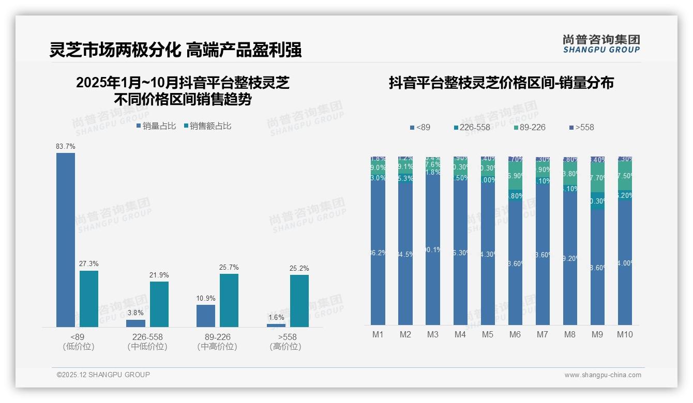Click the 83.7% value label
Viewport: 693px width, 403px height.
point(66,147)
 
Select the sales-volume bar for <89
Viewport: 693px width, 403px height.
point(66,240)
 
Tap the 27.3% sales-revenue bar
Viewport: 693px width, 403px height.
point(89,299)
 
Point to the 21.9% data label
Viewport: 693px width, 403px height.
point(159,275)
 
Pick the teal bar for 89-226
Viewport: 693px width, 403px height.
point(229,300)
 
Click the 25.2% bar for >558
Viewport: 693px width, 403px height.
point(299,301)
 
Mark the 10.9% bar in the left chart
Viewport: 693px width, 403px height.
point(206,316)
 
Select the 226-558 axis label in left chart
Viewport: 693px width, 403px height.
point(147,337)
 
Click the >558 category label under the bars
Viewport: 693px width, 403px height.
point(285,337)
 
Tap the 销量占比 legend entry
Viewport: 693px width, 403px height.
point(156,126)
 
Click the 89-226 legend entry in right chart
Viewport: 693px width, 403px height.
point(530,127)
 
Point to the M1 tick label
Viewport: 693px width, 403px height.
point(378,335)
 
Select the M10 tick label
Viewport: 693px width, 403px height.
point(625,335)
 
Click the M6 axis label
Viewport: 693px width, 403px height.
point(515,335)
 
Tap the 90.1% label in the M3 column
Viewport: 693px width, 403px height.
point(433,250)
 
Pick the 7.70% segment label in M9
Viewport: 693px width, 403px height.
point(597,178)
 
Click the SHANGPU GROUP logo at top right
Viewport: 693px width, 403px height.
point(601,44)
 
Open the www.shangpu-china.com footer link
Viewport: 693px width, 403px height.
point(602,375)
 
